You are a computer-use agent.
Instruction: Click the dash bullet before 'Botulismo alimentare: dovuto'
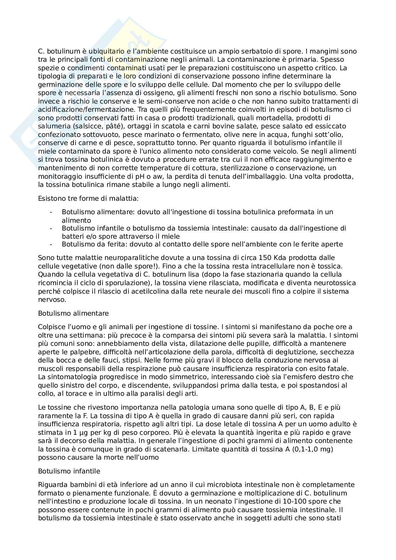pos(51,212)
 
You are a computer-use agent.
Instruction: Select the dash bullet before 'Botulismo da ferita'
pos(51,244)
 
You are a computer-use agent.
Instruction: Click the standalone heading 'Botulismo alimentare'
pos(73,313)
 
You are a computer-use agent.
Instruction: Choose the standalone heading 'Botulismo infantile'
pos(69,471)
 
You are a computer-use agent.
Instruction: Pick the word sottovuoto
pos(98,134)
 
